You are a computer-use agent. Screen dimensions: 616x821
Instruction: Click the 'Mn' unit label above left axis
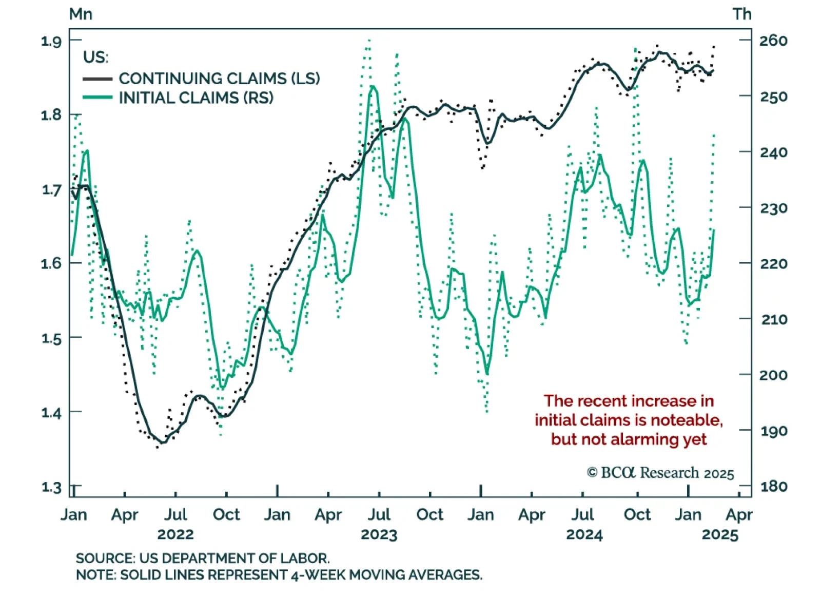pyautogui.click(x=81, y=14)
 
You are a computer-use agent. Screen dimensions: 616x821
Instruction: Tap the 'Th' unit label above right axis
pyautogui.click(x=741, y=14)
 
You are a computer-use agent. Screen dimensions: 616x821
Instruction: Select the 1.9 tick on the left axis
pyautogui.click(x=51, y=41)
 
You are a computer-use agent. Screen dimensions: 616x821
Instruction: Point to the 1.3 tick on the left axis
pyautogui.click(x=51, y=486)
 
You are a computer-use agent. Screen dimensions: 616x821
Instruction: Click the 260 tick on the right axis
pyautogui.click(x=773, y=41)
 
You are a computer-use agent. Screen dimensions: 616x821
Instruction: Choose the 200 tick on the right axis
pyautogui.click(x=773, y=375)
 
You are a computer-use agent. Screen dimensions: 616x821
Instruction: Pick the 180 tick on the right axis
pyautogui.click(x=773, y=486)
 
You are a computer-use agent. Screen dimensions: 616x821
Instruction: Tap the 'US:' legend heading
pyautogui.click(x=96, y=57)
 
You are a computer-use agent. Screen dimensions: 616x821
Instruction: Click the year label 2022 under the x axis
pyautogui.click(x=175, y=534)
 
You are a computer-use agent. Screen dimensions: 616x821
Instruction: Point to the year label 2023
pyautogui.click(x=379, y=534)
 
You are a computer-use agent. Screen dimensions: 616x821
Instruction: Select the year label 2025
pyautogui.click(x=720, y=534)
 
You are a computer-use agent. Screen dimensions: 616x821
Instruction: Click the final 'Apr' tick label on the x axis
pyautogui.click(x=739, y=514)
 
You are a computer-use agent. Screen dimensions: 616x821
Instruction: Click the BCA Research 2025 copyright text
pyautogui.click(x=660, y=473)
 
